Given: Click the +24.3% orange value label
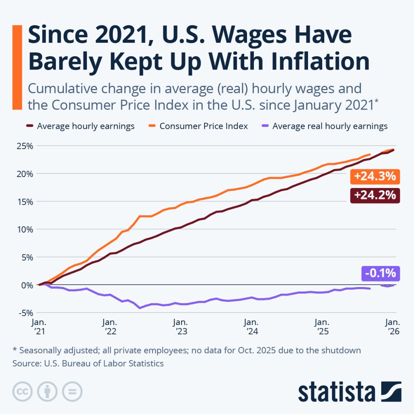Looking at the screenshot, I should [x=374, y=177].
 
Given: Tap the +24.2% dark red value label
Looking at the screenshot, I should [x=374, y=195].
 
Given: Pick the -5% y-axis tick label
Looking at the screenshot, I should [x=25, y=313].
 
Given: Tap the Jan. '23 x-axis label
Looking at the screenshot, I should [x=180, y=327].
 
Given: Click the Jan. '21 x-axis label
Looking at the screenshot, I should [x=39, y=327].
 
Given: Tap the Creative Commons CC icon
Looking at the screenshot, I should [x=23, y=391].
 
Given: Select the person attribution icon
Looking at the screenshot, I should [x=47, y=391].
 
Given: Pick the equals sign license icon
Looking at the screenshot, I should [x=72, y=391].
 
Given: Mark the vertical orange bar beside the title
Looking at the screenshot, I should [x=17, y=67].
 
